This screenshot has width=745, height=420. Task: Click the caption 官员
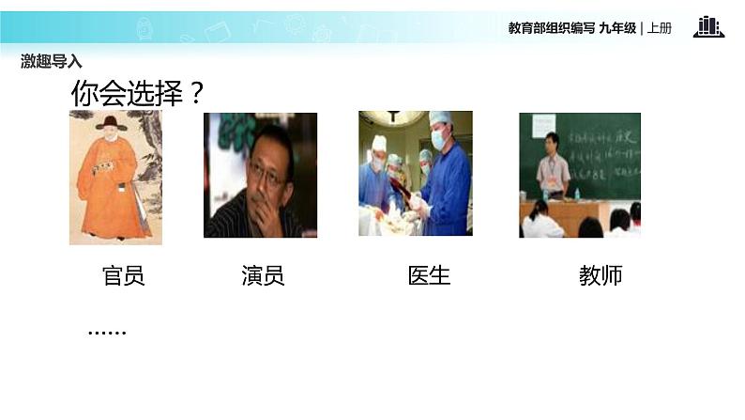123,275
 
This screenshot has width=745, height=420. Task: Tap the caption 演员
262,275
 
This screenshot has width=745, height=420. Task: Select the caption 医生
429,275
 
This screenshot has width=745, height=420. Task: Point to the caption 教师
601,275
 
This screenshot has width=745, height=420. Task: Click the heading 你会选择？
138,94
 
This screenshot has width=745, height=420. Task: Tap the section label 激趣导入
52,61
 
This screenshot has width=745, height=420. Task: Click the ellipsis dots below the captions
106,332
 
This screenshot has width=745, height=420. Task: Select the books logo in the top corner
708,27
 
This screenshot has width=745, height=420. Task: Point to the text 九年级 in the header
616,28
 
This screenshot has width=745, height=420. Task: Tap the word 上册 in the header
660,28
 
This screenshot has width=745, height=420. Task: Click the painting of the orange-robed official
115,179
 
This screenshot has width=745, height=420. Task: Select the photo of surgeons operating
415,174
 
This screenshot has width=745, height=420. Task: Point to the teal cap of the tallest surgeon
440,118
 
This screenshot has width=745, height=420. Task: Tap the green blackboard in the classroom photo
601,150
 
